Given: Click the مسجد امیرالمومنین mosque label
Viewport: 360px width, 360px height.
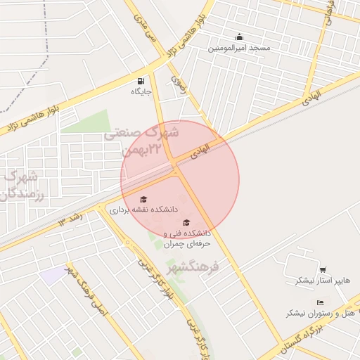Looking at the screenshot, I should pos(239,48).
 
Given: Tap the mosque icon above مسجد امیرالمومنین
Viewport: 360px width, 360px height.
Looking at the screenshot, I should pos(239,37).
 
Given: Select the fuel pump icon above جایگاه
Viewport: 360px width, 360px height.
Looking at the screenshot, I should pos(142,80).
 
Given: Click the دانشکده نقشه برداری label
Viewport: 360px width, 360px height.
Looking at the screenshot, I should pos(144,210).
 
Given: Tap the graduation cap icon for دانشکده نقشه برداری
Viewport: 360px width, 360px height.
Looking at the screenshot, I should pos(143,199).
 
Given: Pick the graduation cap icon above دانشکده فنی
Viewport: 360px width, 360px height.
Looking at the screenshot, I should pos(186,223).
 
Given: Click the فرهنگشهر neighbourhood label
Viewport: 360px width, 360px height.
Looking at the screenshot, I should pos(195,267).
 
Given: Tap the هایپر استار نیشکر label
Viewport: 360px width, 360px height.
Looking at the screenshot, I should pos(322,280).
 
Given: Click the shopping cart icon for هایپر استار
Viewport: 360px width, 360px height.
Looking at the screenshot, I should pos(322,269).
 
